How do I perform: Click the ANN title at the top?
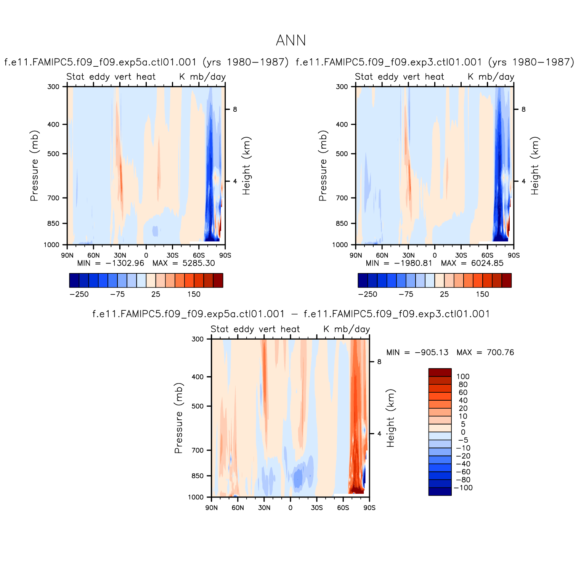[290, 40]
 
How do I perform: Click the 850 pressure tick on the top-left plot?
[53, 223]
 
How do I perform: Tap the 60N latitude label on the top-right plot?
[382, 255]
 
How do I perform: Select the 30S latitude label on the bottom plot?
[316, 508]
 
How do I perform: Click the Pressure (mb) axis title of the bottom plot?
[178, 418]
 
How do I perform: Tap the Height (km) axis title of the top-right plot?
[535, 166]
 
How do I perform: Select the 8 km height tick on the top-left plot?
[235, 109]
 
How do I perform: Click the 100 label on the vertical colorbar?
[463, 377]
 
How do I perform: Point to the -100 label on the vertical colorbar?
[463, 488]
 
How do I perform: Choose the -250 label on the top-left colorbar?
[79, 294]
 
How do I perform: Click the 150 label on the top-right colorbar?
[482, 294]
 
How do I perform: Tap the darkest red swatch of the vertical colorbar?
[440, 372]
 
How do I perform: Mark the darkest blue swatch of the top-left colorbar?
[74, 280]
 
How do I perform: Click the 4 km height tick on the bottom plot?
[379, 433]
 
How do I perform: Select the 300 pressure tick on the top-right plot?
[342, 87]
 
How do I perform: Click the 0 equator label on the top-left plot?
[146, 255]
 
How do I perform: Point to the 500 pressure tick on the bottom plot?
[197, 406]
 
